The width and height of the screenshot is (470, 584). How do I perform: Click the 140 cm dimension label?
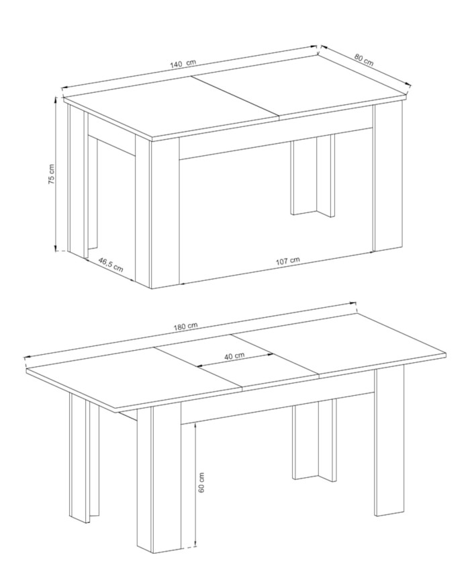[x=183, y=63]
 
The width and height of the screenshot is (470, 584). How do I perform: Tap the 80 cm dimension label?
[x=363, y=60]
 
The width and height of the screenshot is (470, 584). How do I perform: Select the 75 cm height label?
[x=52, y=174]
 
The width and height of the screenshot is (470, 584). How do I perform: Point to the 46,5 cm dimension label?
[x=111, y=264]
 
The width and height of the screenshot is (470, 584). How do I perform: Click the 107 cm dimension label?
[x=287, y=260]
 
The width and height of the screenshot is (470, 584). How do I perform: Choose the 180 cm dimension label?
[x=185, y=325]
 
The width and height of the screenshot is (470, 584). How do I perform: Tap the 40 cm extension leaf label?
[x=234, y=356]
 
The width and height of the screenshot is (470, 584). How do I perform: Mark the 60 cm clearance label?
[x=202, y=483]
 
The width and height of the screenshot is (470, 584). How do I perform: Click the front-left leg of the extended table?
[x=159, y=477]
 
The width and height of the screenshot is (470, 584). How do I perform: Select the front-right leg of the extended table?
[x=389, y=442]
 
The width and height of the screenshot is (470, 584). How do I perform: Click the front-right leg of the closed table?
[x=388, y=177]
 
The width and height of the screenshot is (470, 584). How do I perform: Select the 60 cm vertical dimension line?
[x=195, y=484]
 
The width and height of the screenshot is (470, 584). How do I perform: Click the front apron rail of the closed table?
[x=276, y=144]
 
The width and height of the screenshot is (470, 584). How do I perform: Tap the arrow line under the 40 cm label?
[x=235, y=360]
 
